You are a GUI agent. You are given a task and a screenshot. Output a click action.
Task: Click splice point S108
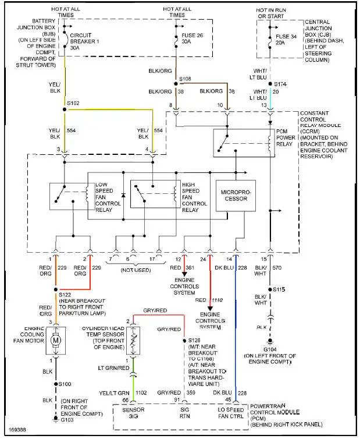coord(176,84)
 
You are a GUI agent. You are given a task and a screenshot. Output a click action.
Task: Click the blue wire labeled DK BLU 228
coord(236,326)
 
